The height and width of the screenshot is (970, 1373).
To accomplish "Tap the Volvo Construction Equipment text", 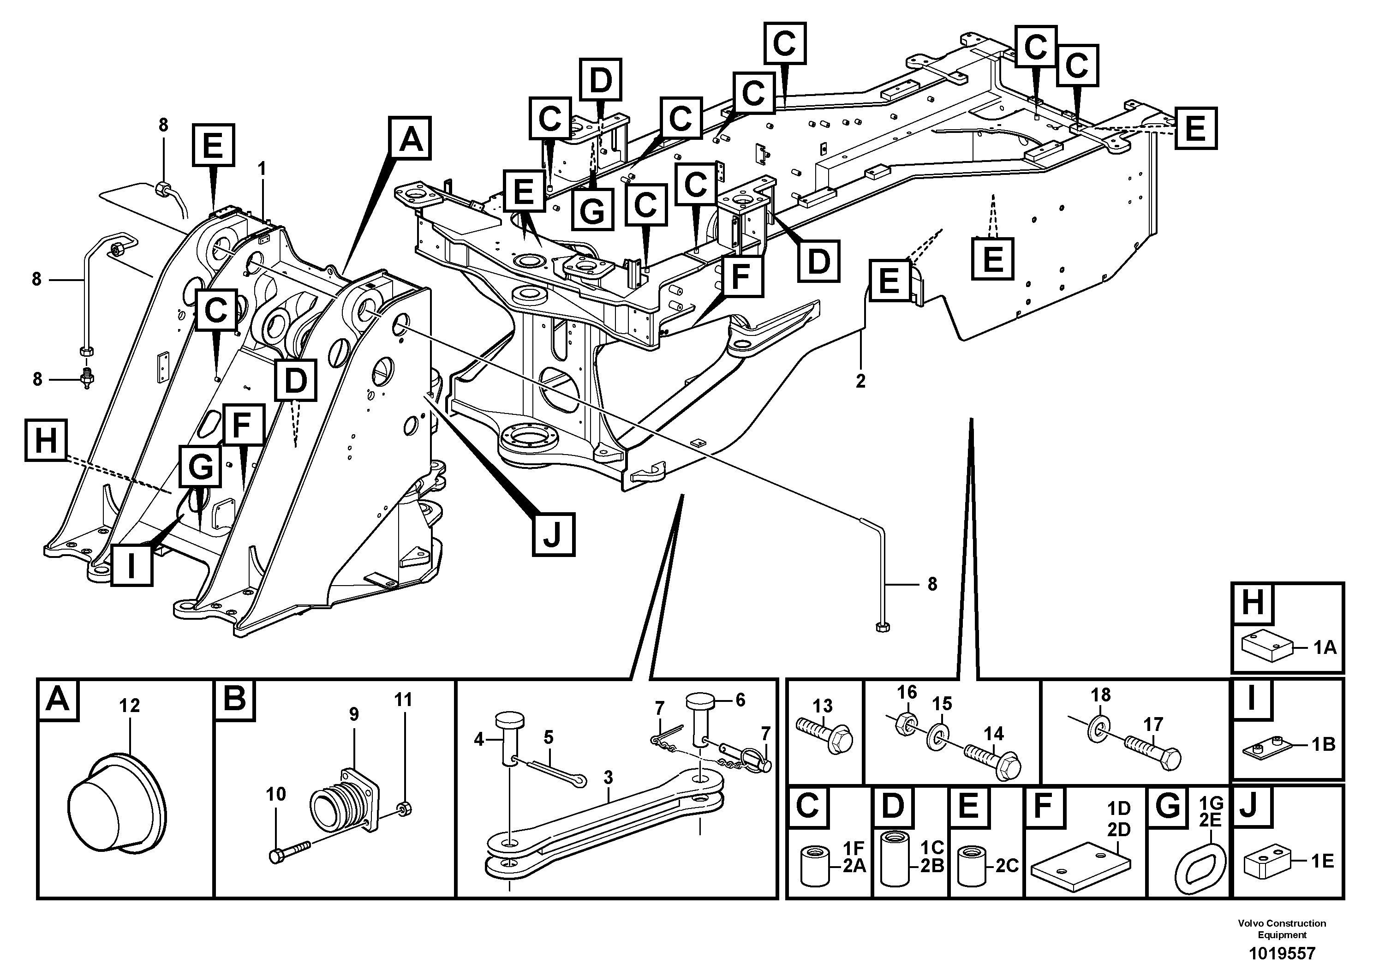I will point(1282,929).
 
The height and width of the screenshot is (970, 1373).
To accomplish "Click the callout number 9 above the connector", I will point(353,714).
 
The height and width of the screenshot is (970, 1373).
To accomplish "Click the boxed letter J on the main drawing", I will point(553,534).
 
